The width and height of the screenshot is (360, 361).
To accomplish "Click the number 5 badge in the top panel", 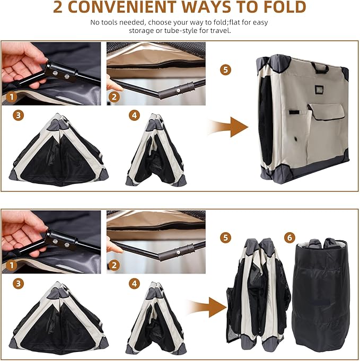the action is point(225,69).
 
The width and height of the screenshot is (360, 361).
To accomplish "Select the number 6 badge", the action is point(289,237).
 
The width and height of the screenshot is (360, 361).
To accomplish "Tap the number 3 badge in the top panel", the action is point(19,115).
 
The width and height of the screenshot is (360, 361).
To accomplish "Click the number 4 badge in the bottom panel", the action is point(134,284).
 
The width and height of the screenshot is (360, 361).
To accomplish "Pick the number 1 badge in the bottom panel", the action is point(12,266).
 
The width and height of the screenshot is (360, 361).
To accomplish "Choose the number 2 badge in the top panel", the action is point(114,97).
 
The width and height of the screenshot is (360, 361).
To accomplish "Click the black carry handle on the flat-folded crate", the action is point(319,67).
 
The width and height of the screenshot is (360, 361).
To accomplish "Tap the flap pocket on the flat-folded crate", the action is point(327,112).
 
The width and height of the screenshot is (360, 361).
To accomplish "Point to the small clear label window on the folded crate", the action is point(320,90).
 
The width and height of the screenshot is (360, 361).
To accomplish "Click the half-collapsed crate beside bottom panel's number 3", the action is point(58,318).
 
